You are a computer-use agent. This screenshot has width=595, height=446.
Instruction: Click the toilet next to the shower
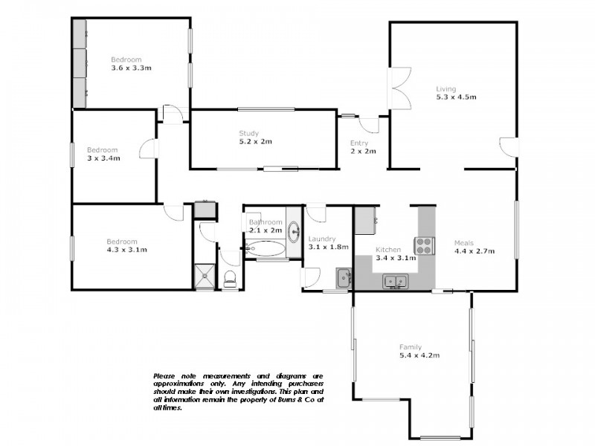(231, 278)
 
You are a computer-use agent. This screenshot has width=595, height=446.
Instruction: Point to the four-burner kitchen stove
(425, 243)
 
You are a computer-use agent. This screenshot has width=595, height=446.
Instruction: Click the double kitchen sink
(393, 281)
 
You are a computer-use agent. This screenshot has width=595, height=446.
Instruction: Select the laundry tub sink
(343, 278)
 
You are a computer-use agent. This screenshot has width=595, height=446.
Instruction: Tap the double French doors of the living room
(399, 88)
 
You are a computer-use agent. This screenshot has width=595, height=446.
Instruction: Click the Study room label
(248, 133)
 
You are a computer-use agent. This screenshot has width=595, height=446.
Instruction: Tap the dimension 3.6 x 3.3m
(131, 68)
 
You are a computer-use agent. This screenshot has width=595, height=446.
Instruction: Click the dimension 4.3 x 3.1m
(126, 250)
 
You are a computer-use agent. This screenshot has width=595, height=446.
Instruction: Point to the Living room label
(446, 89)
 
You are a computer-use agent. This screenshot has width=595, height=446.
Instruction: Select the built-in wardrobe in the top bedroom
(80, 63)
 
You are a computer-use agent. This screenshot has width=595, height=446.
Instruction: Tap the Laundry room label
(322, 238)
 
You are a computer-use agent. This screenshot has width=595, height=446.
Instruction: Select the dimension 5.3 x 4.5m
(456, 97)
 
